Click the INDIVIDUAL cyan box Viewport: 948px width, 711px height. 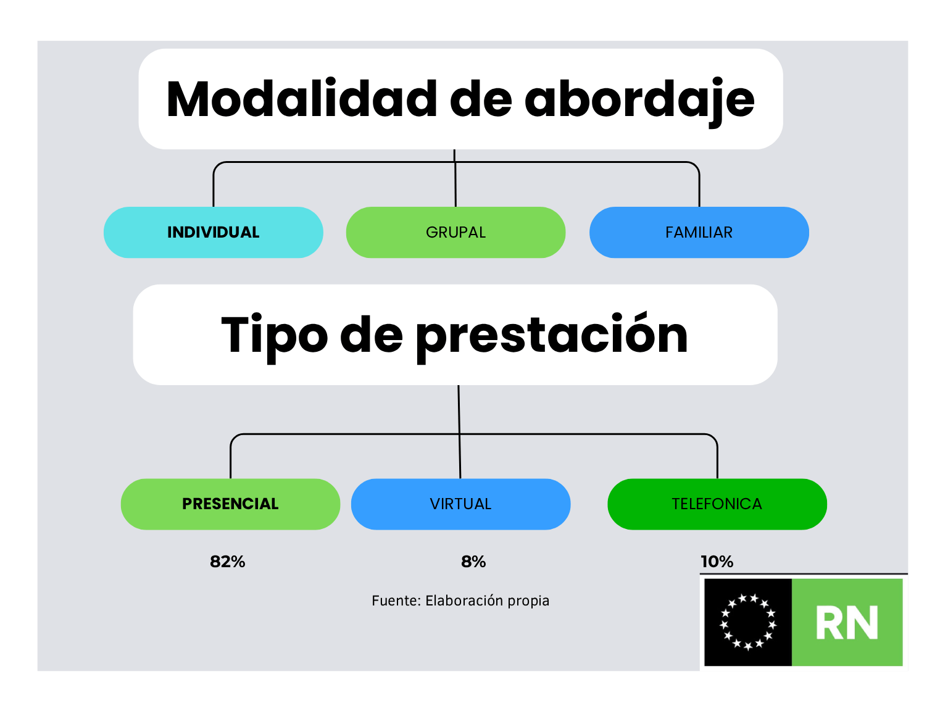214,232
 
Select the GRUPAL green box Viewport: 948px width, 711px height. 455,232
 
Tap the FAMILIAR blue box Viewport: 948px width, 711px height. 699,232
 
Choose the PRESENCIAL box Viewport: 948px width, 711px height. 231,504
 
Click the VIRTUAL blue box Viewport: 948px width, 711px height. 461,504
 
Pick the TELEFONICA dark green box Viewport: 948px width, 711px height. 717,504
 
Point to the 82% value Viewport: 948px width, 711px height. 228,562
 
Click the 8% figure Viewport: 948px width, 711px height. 473,562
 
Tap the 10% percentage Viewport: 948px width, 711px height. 717,562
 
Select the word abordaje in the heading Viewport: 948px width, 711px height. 639,101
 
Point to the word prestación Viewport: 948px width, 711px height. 552,338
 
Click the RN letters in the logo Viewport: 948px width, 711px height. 847,623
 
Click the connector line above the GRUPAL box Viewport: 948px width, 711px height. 455,178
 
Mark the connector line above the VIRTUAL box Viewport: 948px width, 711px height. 459,431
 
